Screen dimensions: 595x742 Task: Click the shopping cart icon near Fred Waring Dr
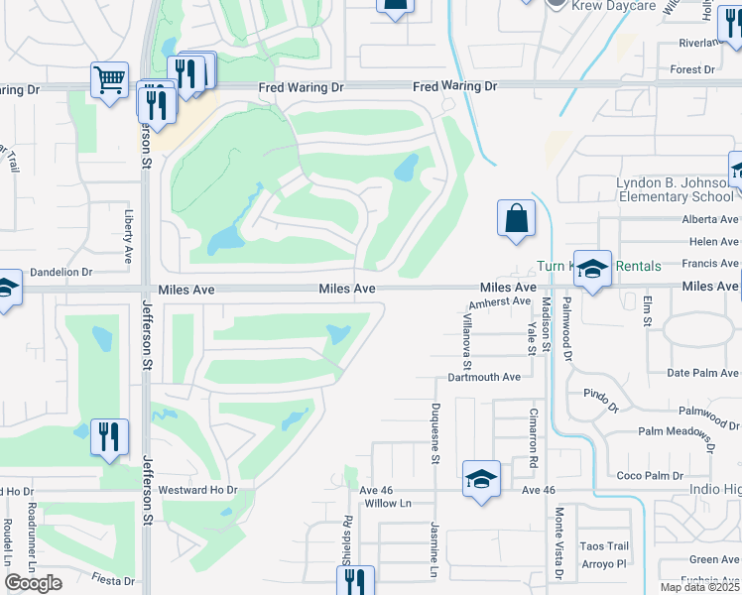click(109, 79)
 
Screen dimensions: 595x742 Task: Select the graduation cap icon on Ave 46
click(481, 480)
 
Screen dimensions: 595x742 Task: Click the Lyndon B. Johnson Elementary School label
click(674, 189)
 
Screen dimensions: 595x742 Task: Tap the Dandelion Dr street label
click(59, 271)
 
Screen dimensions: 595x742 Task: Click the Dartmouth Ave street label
click(484, 377)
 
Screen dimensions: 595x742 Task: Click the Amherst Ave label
click(501, 301)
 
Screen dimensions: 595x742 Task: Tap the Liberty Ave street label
click(129, 235)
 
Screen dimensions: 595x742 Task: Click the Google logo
click(33, 583)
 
